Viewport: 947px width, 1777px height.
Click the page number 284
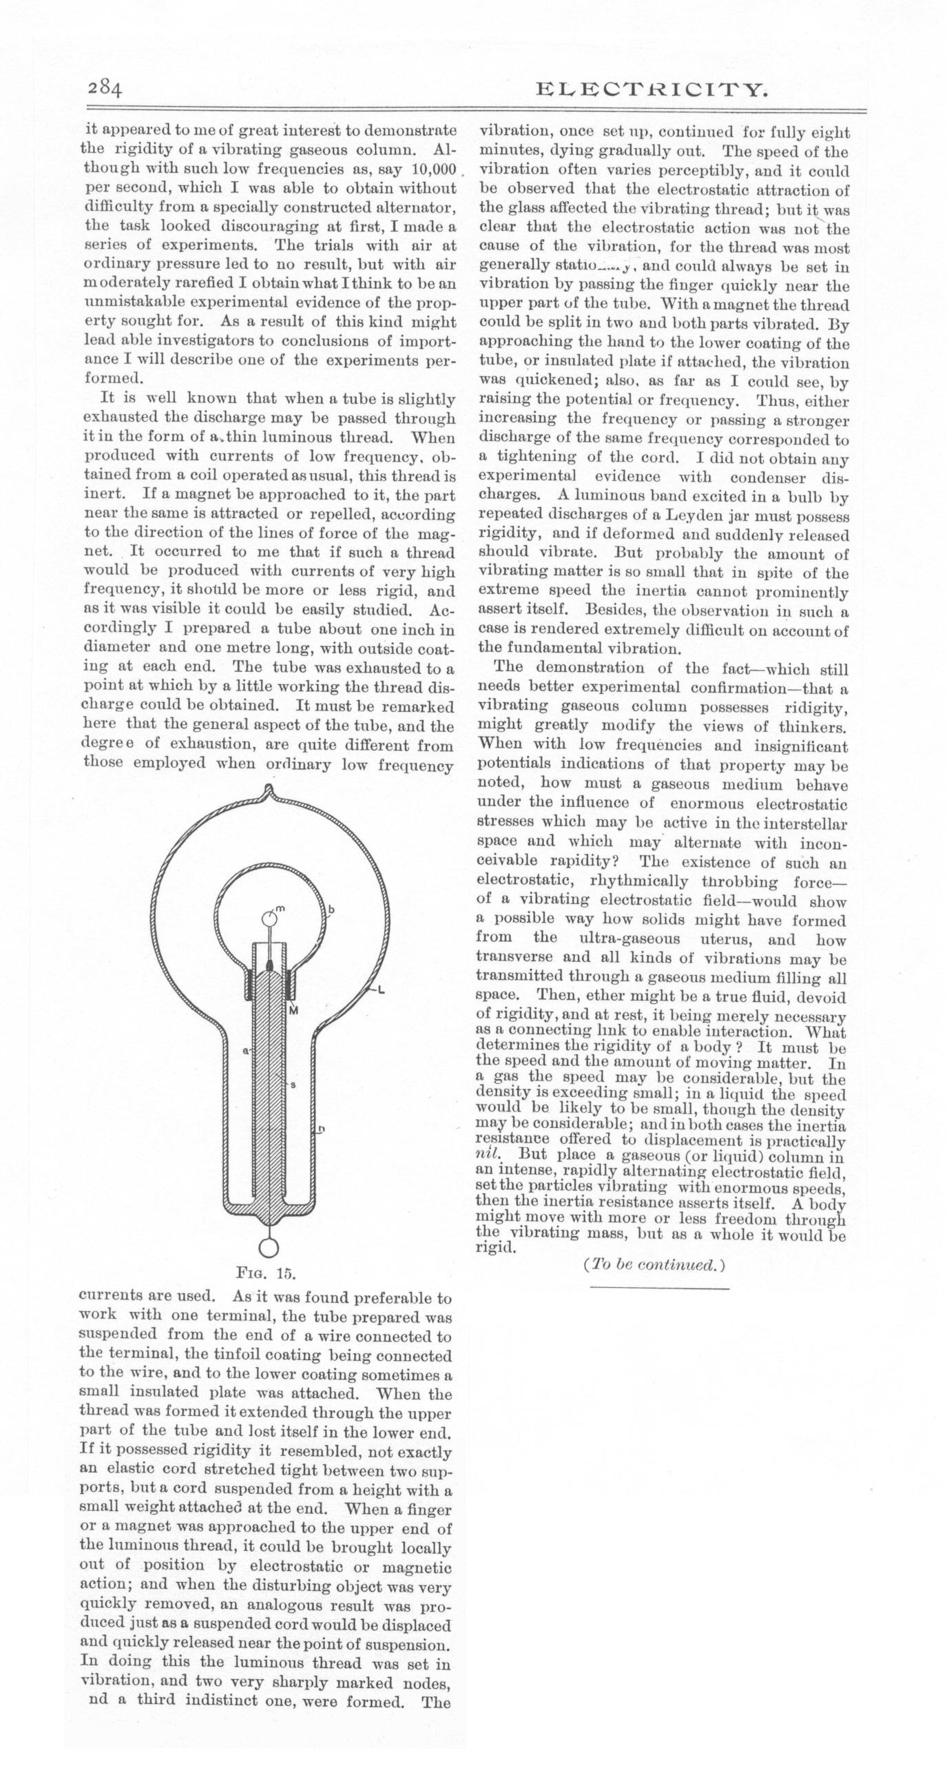[x=105, y=90]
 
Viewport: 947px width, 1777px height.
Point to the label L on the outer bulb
[x=381, y=991]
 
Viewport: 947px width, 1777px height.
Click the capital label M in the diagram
[x=293, y=1011]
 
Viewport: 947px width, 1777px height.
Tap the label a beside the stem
[x=245, y=1051]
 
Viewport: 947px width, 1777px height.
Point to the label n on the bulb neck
[x=322, y=1129]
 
